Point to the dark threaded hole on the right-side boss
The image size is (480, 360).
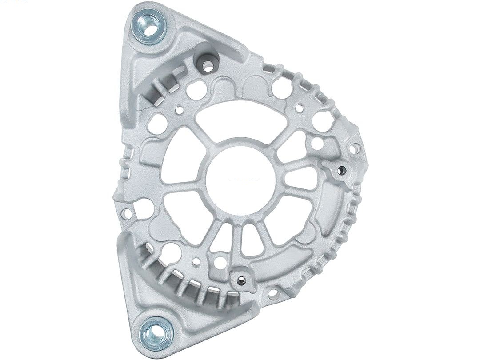(341, 169)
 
